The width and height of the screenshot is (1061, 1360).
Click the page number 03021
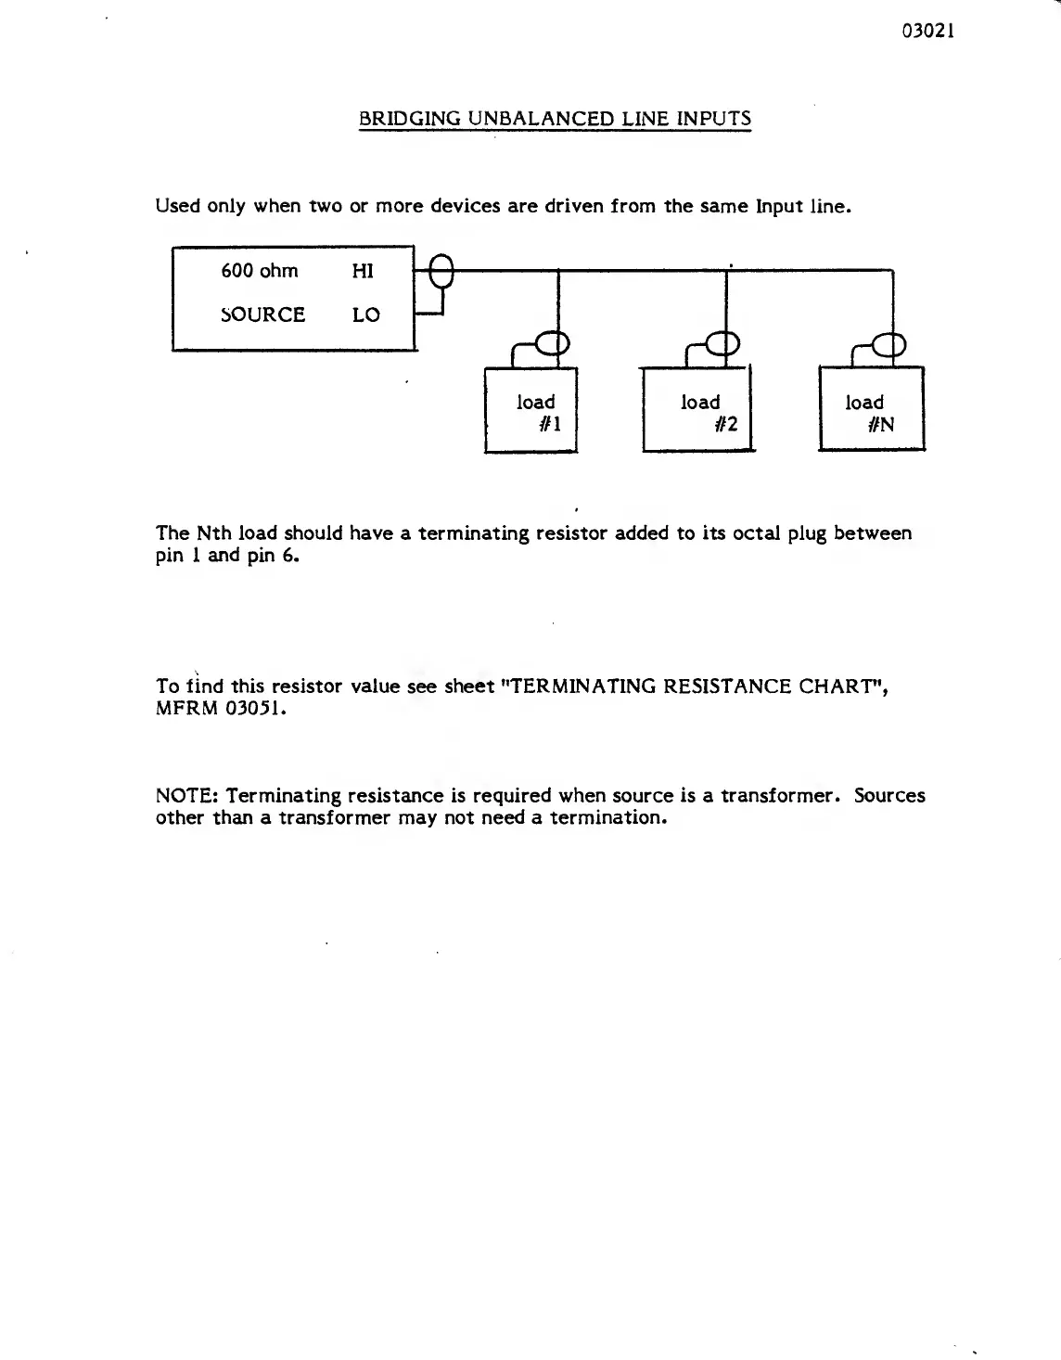tap(928, 31)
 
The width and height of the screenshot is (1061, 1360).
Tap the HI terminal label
tap(363, 271)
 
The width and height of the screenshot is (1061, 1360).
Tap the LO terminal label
tap(365, 314)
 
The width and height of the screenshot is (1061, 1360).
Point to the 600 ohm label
tap(260, 271)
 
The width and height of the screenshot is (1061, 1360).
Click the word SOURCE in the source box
tap(263, 314)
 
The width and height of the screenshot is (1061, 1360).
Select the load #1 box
tap(531, 410)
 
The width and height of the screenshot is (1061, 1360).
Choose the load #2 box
tap(697, 410)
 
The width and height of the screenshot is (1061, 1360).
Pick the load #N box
tap(871, 410)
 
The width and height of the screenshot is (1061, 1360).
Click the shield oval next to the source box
tap(443, 274)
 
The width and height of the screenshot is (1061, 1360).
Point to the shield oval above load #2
tap(726, 344)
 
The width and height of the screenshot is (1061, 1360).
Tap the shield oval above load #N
tap(891, 344)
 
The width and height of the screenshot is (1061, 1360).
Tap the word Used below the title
tap(178, 206)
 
